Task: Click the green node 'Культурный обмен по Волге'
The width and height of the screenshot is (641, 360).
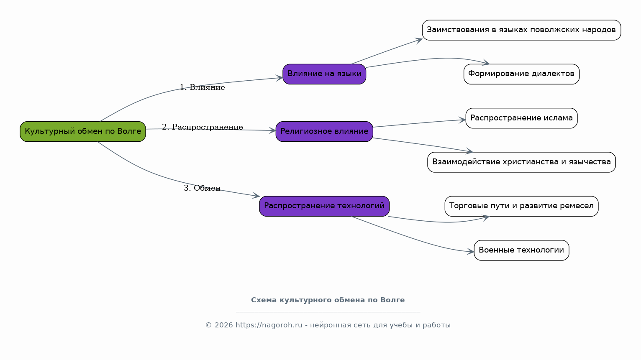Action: click(83, 132)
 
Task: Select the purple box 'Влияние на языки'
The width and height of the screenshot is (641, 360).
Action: click(324, 74)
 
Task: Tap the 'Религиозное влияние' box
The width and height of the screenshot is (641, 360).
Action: click(324, 132)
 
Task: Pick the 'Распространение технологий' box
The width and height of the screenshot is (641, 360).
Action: click(324, 206)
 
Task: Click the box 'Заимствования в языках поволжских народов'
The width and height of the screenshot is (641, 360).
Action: click(521, 30)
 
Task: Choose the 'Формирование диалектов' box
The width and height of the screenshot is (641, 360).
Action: click(521, 74)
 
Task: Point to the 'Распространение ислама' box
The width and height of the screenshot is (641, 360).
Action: click(521, 118)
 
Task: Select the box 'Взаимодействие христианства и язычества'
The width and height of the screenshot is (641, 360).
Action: click(521, 162)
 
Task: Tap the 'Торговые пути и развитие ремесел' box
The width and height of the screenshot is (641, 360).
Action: click(521, 206)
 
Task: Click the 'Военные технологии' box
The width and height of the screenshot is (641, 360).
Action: click(521, 250)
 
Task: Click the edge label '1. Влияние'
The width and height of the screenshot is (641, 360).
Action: click(203, 87)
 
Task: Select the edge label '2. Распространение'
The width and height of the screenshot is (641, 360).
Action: click(203, 127)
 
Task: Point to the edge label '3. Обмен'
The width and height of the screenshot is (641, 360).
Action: click(203, 188)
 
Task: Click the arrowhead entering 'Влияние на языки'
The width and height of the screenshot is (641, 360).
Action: click(279, 78)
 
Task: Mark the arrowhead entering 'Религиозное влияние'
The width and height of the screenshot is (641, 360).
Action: click(272, 131)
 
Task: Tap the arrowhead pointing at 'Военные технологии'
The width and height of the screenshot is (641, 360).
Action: click(471, 252)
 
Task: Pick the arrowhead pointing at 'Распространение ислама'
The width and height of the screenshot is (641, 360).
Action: click(462, 120)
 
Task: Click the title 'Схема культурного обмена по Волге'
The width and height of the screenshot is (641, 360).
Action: click(328, 300)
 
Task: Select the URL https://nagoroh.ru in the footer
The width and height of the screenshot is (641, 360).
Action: click(269, 325)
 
